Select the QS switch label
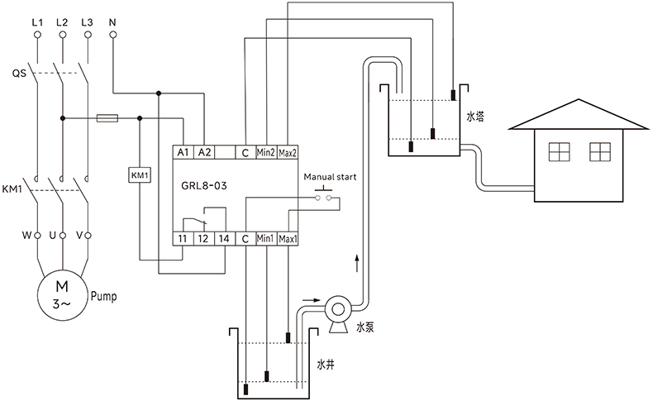click(x=19, y=74)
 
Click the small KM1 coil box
click(x=139, y=174)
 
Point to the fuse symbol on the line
click(x=107, y=118)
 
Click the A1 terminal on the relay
click(x=184, y=153)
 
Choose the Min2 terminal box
click(x=266, y=153)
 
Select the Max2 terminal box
click(x=288, y=153)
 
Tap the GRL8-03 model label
click(x=204, y=186)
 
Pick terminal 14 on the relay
click(x=224, y=239)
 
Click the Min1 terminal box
click(x=266, y=239)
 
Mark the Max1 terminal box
click(x=288, y=239)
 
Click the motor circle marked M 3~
click(x=61, y=293)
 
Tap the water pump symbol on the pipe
click(x=337, y=311)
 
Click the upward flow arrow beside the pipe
click(x=357, y=264)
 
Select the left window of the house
click(x=560, y=152)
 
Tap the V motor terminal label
click(x=79, y=236)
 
